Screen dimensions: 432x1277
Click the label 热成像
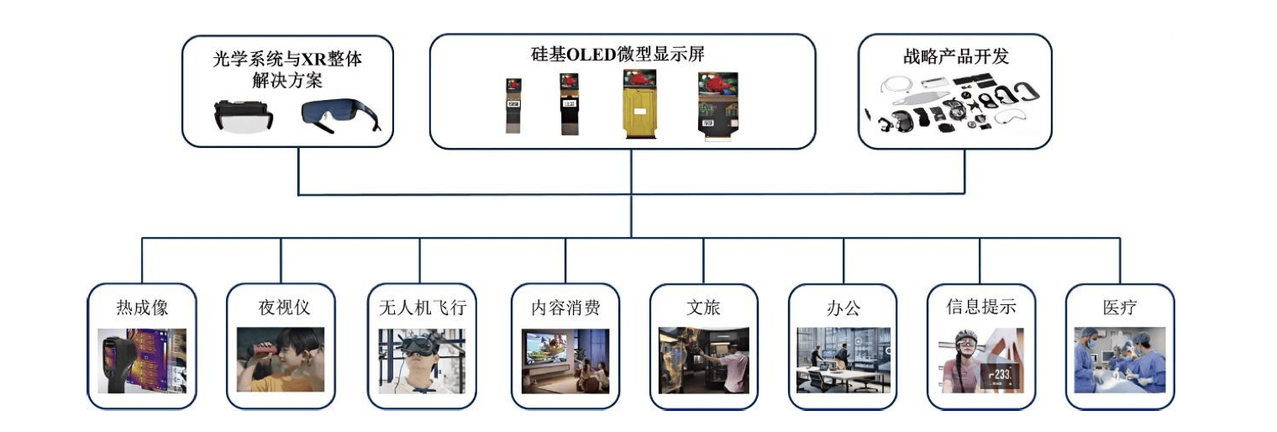tap(142, 308)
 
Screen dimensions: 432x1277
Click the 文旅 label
tap(703, 308)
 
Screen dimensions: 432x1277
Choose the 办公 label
tap(843, 308)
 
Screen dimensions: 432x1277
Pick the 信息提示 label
tap(980, 308)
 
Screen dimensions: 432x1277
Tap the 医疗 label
tap(1119, 308)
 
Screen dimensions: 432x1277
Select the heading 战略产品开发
tap(954, 56)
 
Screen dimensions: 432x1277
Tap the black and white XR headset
tap(243, 116)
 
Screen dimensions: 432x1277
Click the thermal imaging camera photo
tap(142, 361)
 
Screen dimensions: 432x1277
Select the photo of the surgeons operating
tap(1120, 359)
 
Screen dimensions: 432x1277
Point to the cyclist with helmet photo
tap(981, 361)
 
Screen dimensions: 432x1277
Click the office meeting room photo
tap(843, 359)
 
